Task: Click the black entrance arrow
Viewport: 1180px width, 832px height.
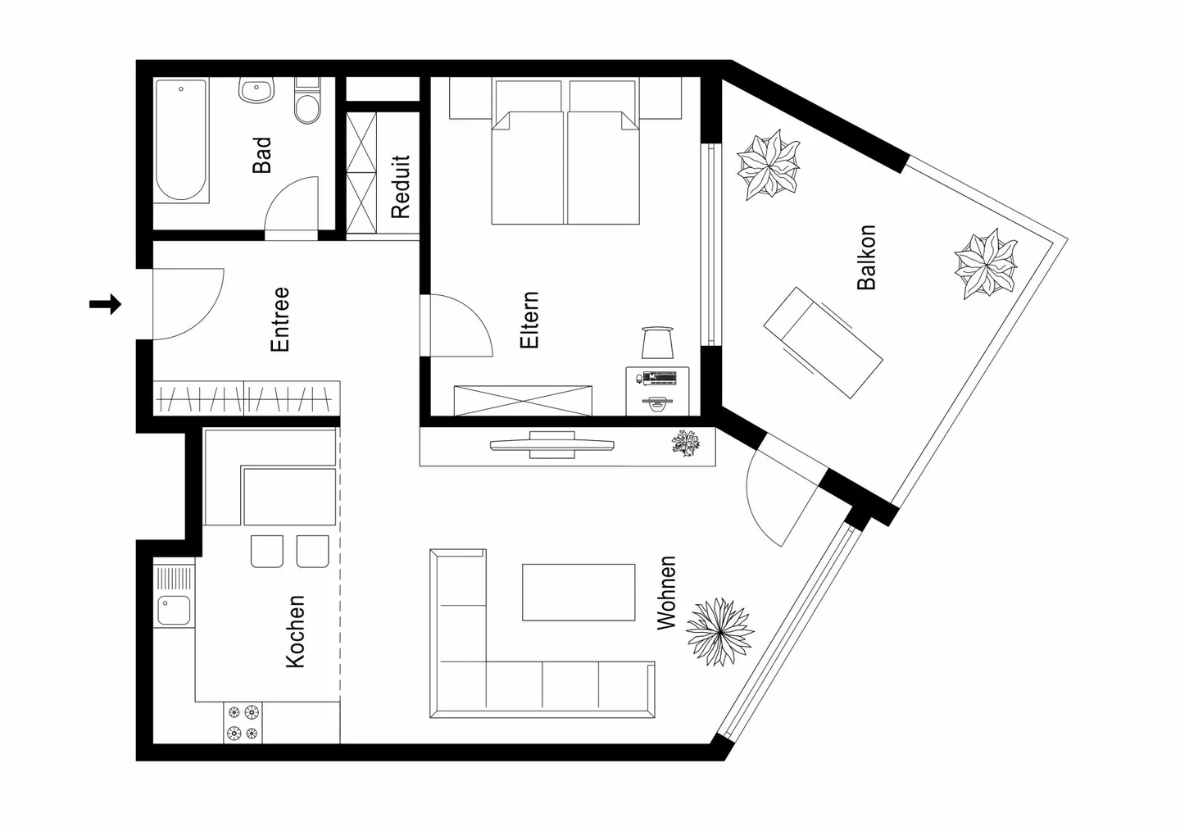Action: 105,305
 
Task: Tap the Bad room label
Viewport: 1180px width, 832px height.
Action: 261,155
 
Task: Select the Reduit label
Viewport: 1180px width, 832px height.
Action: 400,187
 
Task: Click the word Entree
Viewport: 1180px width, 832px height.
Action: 280,319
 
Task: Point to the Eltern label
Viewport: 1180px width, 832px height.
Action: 529,320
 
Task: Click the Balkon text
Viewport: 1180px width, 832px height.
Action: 866,257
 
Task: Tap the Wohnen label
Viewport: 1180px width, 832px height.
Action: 667,593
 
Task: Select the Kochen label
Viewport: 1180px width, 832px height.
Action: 295,631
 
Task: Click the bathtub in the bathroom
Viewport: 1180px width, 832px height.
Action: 181,140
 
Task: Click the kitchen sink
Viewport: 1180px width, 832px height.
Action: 174,610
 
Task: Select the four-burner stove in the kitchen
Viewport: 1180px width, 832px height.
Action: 243,723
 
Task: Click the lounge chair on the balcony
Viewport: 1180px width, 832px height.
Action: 823,342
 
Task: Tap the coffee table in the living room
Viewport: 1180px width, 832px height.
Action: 579,592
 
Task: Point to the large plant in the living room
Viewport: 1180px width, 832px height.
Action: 719,630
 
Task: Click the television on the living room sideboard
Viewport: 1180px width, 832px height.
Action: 551,445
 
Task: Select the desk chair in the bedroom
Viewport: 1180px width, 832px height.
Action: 657,342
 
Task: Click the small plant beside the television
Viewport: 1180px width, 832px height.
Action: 685,443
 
